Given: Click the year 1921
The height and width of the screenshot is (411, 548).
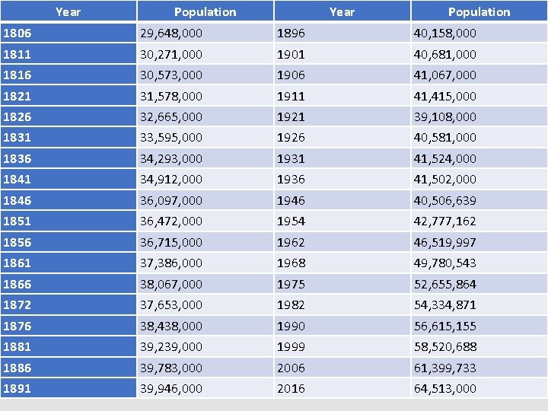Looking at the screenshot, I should click(x=290, y=116).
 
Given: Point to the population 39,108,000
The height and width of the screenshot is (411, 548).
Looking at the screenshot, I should click(x=444, y=116).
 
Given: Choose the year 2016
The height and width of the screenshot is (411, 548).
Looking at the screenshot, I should click(x=291, y=388).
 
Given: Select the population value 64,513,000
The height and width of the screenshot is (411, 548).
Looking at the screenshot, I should click(x=444, y=388).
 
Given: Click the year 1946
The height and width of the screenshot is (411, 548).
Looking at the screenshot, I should click(x=291, y=200).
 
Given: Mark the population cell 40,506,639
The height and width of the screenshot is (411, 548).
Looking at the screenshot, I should click(x=444, y=200).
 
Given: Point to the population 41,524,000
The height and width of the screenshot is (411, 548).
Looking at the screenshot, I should click(x=444, y=158).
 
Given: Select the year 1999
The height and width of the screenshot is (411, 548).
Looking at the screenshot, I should click(x=291, y=346).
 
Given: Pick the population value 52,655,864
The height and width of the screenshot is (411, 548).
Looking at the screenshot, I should click(x=444, y=284).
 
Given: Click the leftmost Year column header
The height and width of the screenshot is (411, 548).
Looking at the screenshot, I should click(x=68, y=11).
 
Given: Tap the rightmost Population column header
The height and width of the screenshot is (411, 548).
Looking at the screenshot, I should click(x=479, y=11).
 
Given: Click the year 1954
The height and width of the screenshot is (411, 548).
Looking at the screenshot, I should click(x=291, y=221).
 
